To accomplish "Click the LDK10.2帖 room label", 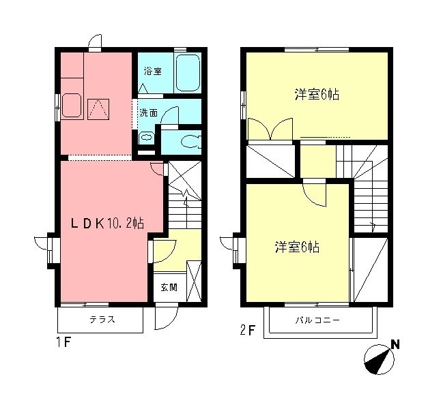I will (109, 222).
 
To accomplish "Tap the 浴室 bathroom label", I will (152, 71).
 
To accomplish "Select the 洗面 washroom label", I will (149, 112).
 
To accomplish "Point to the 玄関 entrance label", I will (169, 287).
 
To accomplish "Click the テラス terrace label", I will (101, 319).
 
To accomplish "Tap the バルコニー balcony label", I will (317, 320).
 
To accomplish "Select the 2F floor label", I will (248, 331).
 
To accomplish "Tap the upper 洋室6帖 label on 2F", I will (317, 95).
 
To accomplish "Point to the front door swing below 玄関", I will (166, 315).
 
